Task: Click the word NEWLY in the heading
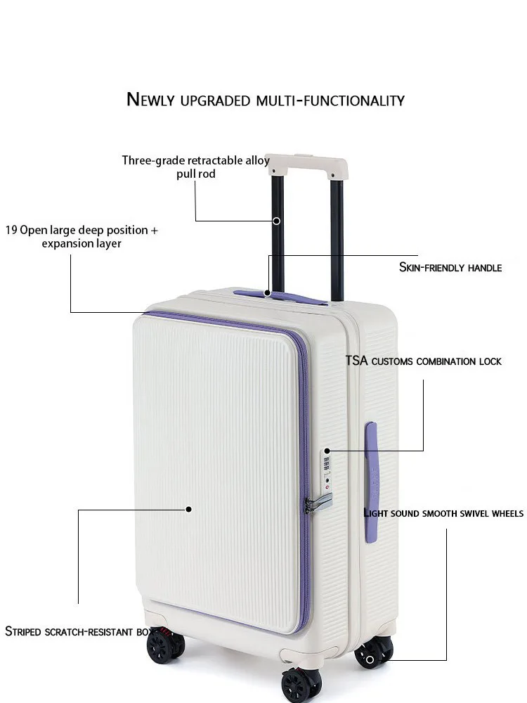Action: [x=150, y=100]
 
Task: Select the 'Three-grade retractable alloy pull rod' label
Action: [x=195, y=167]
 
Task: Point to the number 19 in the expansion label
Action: [x=11, y=230]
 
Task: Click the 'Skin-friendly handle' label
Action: [x=450, y=267]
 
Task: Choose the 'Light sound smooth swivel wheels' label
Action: [x=443, y=513]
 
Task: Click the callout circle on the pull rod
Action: [x=276, y=221]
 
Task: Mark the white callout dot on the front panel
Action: [x=188, y=508]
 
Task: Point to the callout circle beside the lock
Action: [x=327, y=450]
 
